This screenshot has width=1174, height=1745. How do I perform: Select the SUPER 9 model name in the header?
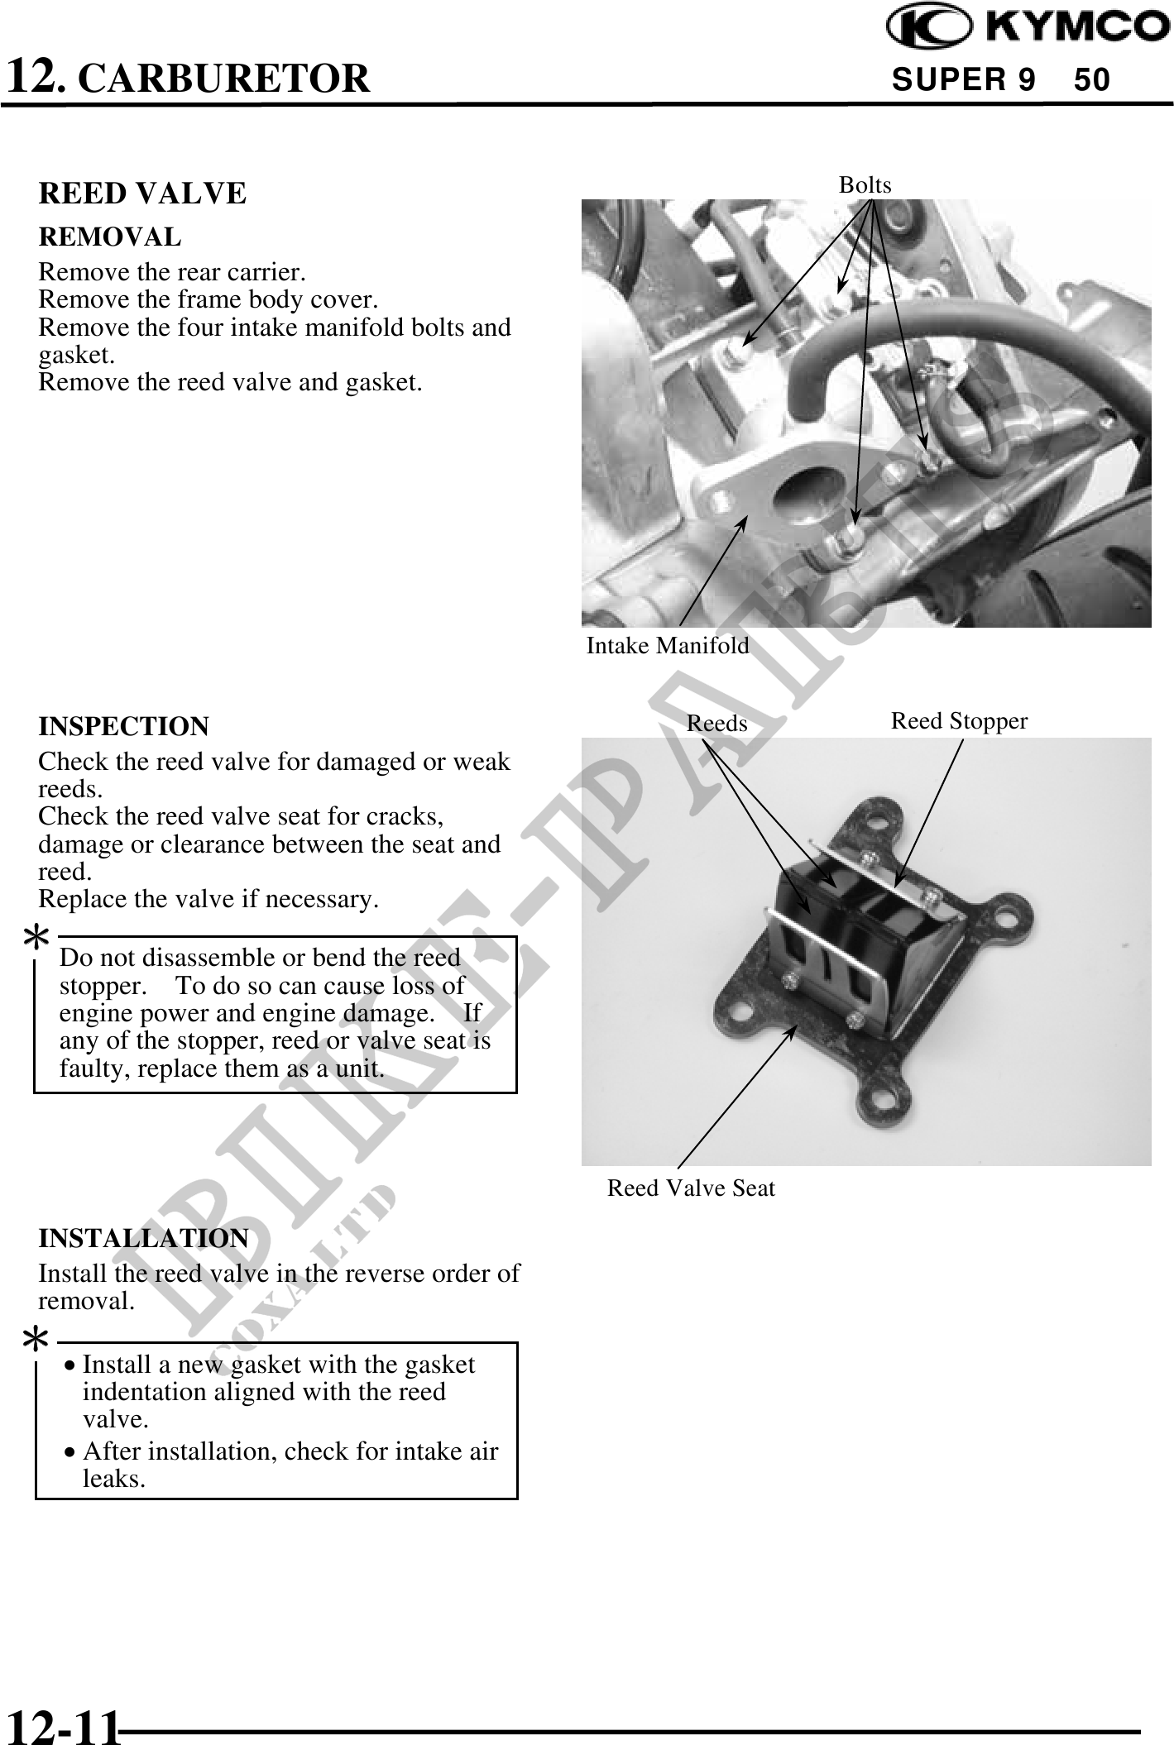tap(963, 80)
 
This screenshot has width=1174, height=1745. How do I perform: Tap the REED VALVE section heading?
tap(142, 194)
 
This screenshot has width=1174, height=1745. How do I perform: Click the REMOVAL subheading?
tap(110, 237)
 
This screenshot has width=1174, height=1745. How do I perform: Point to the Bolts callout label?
tap(865, 185)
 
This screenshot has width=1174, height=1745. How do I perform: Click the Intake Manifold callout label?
tap(668, 646)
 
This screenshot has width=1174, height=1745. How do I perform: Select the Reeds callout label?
tap(716, 724)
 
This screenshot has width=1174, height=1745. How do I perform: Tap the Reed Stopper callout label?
tap(959, 721)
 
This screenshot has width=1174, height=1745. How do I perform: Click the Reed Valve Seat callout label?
tap(691, 1188)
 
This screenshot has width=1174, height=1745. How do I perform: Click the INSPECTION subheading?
tap(124, 727)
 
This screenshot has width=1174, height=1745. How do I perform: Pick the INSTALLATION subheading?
tap(143, 1238)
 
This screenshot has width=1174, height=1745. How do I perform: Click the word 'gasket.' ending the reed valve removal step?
tap(386, 383)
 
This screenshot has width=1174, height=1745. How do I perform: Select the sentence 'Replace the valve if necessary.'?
tap(208, 899)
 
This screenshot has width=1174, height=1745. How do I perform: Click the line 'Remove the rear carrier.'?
tap(172, 272)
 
